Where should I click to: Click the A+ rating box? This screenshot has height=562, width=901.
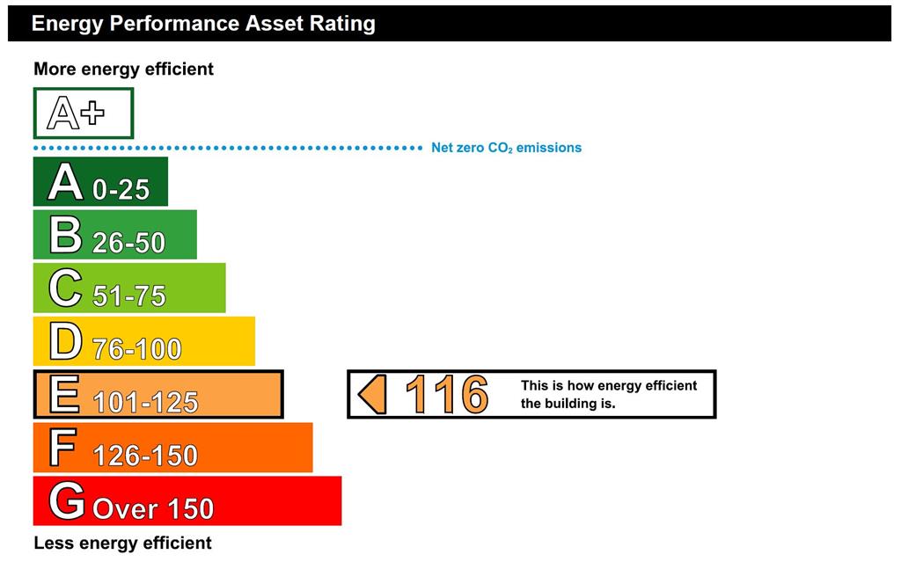pyautogui.click(x=84, y=113)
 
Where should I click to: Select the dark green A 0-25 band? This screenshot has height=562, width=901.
pyautogui.click(x=100, y=181)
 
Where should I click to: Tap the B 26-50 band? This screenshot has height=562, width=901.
pyautogui.click(x=115, y=235)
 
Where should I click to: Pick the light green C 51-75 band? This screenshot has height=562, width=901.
pyautogui.click(x=129, y=288)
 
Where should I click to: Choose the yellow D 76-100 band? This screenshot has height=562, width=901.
pyautogui.click(x=144, y=340)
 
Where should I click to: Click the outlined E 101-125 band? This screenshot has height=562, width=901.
pyautogui.click(x=158, y=394)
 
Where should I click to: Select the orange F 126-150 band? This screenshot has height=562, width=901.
pyautogui.click(x=173, y=448)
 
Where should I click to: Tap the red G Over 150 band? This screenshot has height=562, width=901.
pyautogui.click(x=187, y=500)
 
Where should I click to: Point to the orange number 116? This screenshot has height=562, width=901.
pyautogui.click(x=446, y=394)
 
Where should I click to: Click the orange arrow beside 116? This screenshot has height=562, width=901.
pyautogui.click(x=372, y=394)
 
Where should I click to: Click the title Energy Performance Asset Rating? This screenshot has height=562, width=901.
pyautogui.click(x=203, y=24)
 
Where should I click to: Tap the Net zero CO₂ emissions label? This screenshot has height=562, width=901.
pyautogui.click(x=506, y=148)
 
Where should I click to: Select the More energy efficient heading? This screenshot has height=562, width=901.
pyautogui.click(x=123, y=69)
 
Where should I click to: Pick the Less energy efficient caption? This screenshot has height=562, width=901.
pyautogui.click(x=122, y=543)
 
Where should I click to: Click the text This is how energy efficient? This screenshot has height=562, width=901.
pyautogui.click(x=609, y=385)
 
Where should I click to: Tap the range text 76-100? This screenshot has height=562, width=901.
pyautogui.click(x=136, y=349)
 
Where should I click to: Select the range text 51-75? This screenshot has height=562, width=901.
pyautogui.click(x=129, y=296)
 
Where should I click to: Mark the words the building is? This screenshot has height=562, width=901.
pyautogui.click(x=568, y=404)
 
